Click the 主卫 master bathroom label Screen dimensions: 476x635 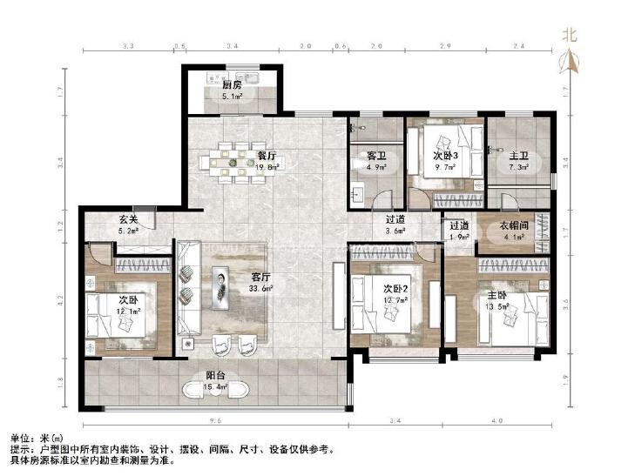click(x=518, y=156)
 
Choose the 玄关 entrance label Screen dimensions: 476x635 click(x=129, y=221)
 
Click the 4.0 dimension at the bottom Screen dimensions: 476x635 click(x=497, y=422)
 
